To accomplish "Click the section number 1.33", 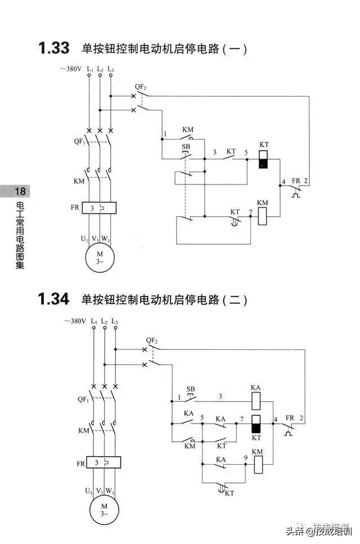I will click(53, 48).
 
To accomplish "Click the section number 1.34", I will click(53, 299).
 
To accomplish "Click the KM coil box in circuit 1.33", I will click(263, 216).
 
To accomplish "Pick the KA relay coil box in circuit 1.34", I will click(255, 401).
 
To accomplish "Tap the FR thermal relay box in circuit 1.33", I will click(99, 208).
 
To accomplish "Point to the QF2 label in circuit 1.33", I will click(141, 87).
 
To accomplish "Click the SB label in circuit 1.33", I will click(186, 146).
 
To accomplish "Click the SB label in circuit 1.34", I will click(191, 389).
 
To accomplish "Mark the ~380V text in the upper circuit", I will click(71, 69).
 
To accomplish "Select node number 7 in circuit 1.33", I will click(250, 212).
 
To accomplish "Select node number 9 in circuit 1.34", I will click(246, 458).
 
